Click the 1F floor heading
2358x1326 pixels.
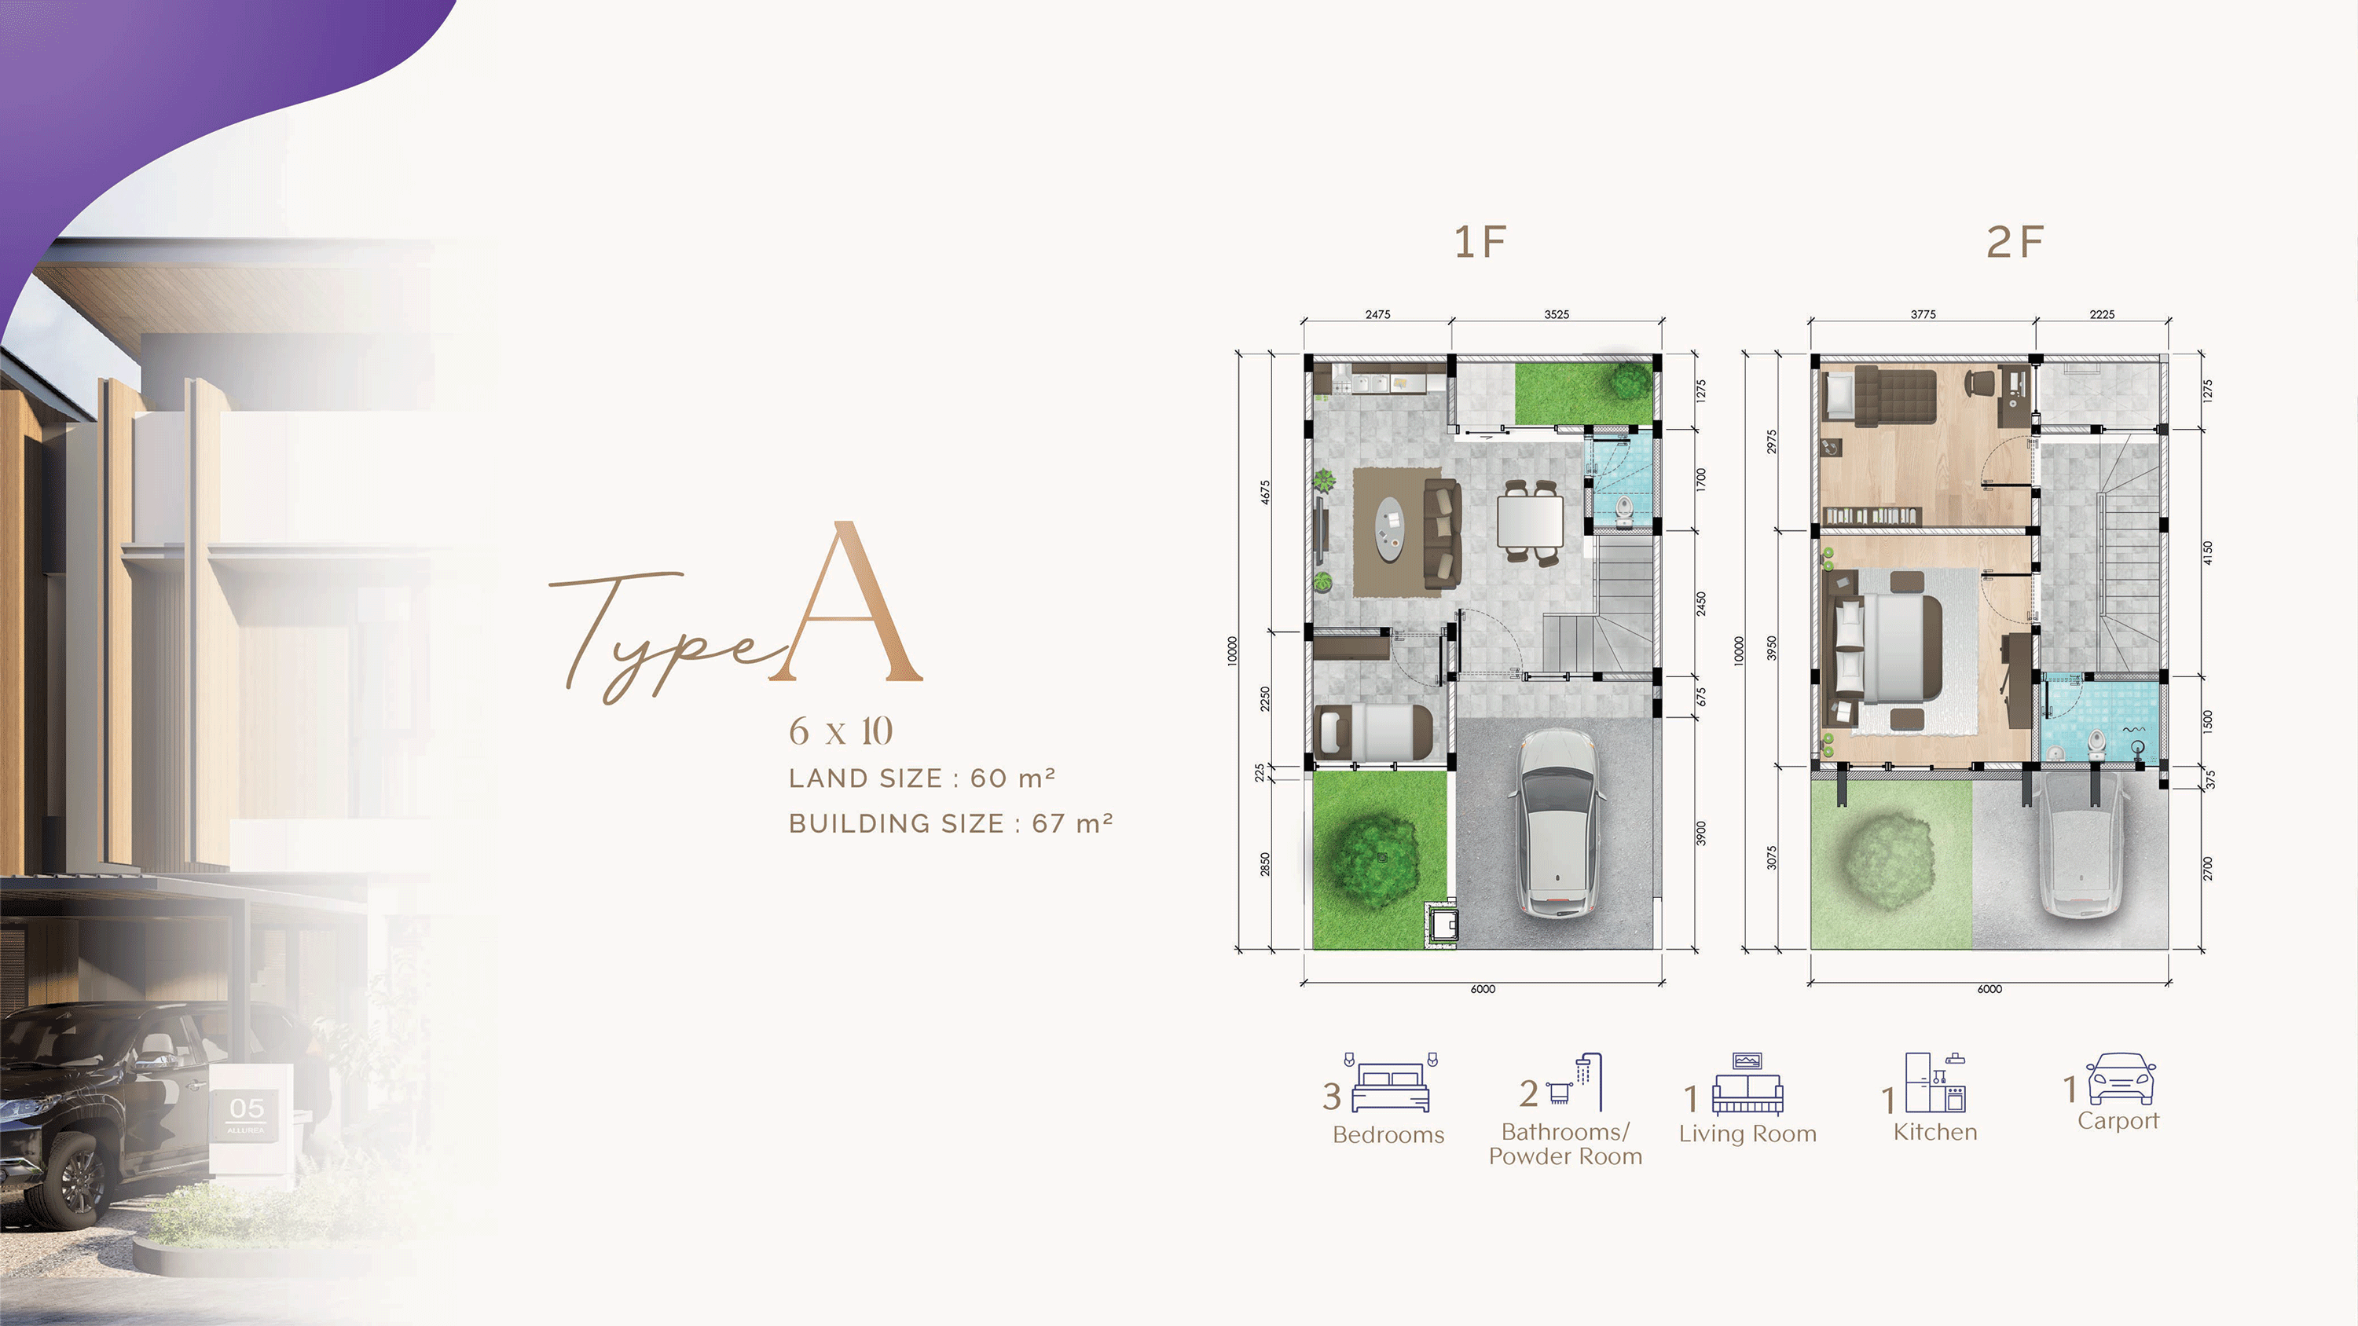pos(1480,243)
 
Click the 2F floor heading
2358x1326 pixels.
pos(2015,243)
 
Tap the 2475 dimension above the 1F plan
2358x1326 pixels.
pos(1377,314)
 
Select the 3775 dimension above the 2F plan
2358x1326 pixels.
pos(1923,314)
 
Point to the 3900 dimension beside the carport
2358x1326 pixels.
pos(1701,833)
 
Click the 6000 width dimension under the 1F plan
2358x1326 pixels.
pos(1483,988)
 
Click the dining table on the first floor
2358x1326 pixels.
pos(1531,522)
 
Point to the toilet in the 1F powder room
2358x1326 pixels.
pos(1624,511)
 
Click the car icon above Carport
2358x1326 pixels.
pos(2121,1080)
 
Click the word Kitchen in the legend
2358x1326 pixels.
pos(1935,1132)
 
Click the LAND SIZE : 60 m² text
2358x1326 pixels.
pos(922,778)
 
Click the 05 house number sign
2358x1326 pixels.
pos(246,1108)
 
